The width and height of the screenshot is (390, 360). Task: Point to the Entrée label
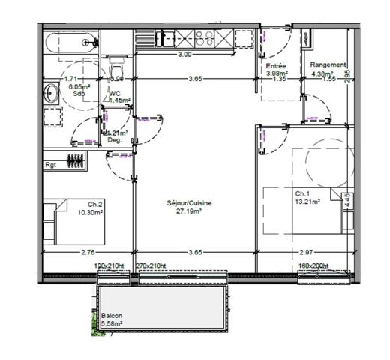pos(277,66)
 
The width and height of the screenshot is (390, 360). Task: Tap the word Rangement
pos(328,64)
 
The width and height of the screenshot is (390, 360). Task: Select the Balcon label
pos(112,316)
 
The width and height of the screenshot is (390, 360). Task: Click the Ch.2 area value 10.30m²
pos(95,212)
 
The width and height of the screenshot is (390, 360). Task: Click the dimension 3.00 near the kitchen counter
pos(184,55)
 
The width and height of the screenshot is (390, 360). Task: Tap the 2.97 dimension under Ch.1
pos(306,253)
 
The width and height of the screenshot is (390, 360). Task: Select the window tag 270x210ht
pos(151,265)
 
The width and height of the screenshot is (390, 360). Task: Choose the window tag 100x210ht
pos(108,265)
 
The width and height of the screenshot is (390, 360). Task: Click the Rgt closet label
pos(51,164)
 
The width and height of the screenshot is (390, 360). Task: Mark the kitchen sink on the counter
pos(163,37)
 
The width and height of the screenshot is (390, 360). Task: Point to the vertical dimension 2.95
pos(346,76)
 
